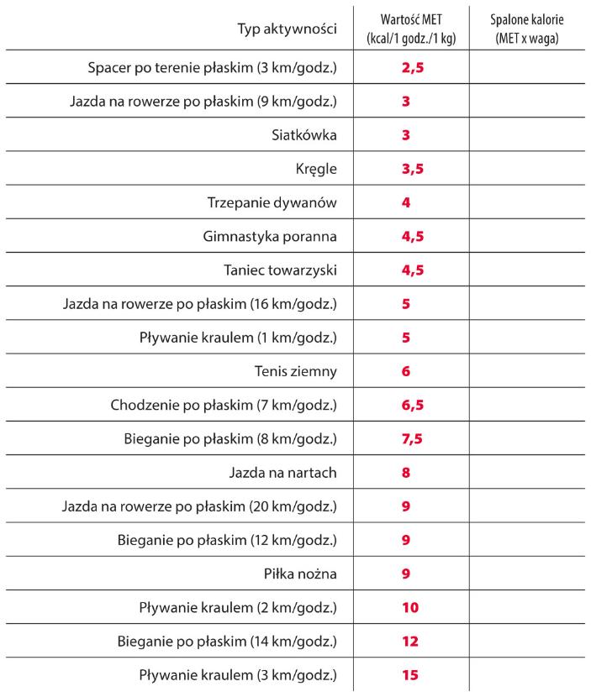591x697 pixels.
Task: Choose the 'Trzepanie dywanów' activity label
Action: pyautogui.click(x=272, y=202)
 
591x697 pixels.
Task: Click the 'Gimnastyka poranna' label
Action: pyautogui.click(x=269, y=237)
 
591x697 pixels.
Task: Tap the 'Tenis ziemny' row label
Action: pyautogui.click(x=295, y=371)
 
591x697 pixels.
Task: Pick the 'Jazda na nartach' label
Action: pyautogui.click(x=282, y=473)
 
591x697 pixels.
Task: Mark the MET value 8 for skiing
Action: pyautogui.click(x=405, y=473)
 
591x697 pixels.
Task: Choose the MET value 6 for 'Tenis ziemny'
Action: pyautogui.click(x=405, y=371)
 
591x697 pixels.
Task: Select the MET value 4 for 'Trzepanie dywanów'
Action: pyautogui.click(x=405, y=202)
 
